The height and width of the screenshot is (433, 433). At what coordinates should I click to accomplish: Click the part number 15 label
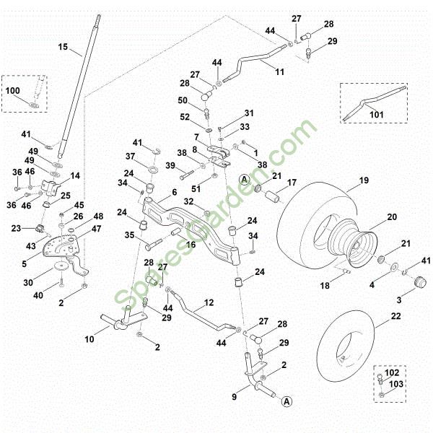click(x=63, y=48)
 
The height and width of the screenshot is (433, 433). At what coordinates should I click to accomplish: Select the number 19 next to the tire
click(x=364, y=180)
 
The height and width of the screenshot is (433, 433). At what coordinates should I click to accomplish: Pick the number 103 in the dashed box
click(x=396, y=385)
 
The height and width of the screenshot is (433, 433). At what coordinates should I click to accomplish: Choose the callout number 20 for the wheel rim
click(x=392, y=216)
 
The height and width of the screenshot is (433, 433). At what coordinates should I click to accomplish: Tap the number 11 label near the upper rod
click(x=280, y=72)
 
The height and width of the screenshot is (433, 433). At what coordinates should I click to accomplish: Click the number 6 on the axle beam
click(x=174, y=193)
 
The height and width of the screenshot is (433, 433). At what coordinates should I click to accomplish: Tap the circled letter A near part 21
click(x=244, y=178)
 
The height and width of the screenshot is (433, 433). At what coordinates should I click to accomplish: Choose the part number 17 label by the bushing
click(x=292, y=183)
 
